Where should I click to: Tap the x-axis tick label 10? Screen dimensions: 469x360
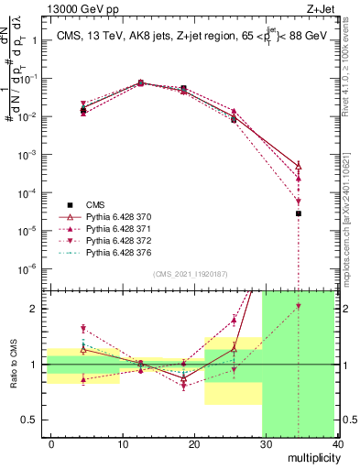[123, 442]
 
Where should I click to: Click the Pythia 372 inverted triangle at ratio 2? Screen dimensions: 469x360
[299, 307]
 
